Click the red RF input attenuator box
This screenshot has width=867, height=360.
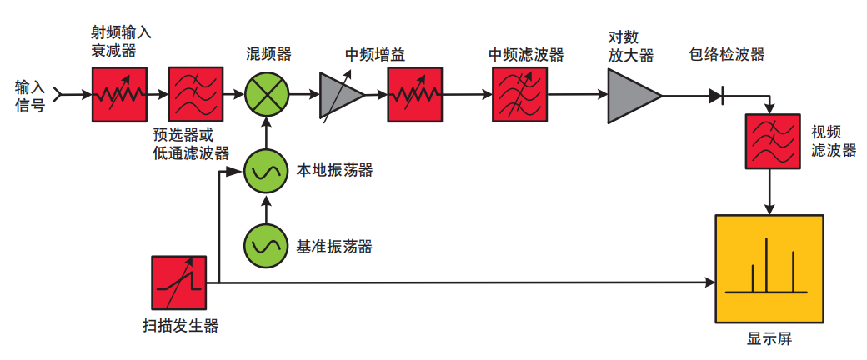click(x=119, y=94)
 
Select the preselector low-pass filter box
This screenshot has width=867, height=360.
click(x=196, y=94)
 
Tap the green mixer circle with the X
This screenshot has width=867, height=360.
click(x=267, y=94)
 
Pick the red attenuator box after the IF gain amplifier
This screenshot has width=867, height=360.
click(x=414, y=94)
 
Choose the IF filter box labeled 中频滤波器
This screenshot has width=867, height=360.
click(x=519, y=94)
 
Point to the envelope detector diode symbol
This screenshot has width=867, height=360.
click(x=717, y=96)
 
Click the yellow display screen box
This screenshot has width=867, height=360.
click(x=769, y=269)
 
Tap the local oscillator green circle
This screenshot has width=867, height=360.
click(x=267, y=171)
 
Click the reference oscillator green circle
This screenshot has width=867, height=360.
click(x=267, y=246)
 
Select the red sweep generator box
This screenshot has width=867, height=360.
click(x=178, y=282)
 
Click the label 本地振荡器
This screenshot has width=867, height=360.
click(x=334, y=170)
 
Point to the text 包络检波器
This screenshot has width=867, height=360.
click(x=727, y=54)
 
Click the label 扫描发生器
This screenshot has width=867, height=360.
click(x=180, y=326)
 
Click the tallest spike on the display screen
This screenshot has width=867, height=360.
click(x=766, y=264)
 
